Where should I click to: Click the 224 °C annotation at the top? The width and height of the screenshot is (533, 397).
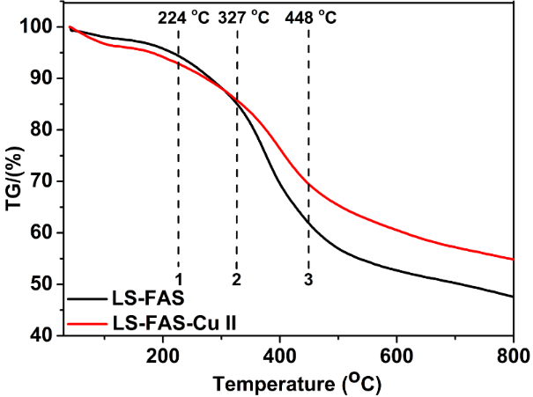[184, 16]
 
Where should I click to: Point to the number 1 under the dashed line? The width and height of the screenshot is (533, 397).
[179, 279]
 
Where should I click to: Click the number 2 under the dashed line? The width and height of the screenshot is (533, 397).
[236, 279]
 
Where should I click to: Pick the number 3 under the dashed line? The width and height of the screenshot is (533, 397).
[308, 279]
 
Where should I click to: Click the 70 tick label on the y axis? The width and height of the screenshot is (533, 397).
[42, 181]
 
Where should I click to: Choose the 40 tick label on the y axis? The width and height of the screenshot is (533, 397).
[42, 335]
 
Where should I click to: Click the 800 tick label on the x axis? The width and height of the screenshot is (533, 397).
[511, 356]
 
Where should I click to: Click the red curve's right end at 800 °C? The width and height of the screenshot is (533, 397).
[512, 259]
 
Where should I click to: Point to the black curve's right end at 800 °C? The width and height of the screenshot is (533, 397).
[512, 297]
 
